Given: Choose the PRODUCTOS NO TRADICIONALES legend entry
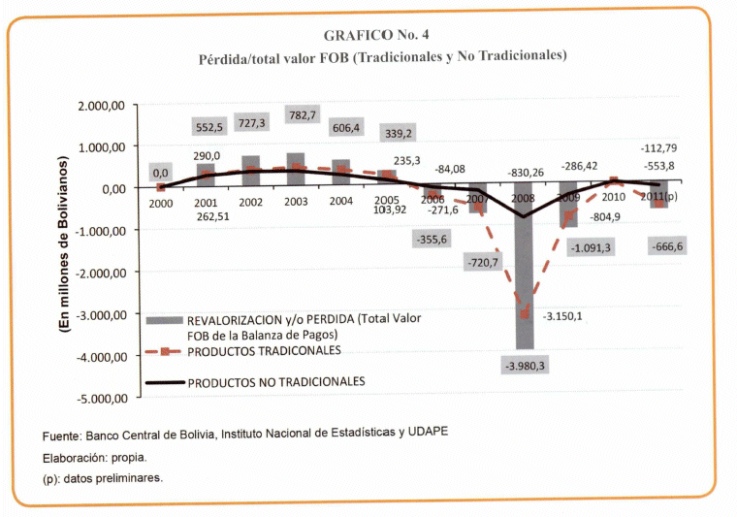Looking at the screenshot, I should pos(275,381).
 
